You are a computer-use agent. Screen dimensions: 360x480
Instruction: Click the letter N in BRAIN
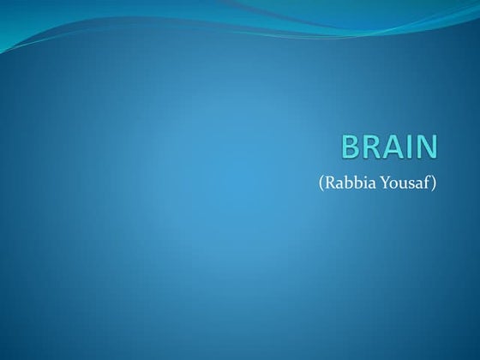426,147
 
